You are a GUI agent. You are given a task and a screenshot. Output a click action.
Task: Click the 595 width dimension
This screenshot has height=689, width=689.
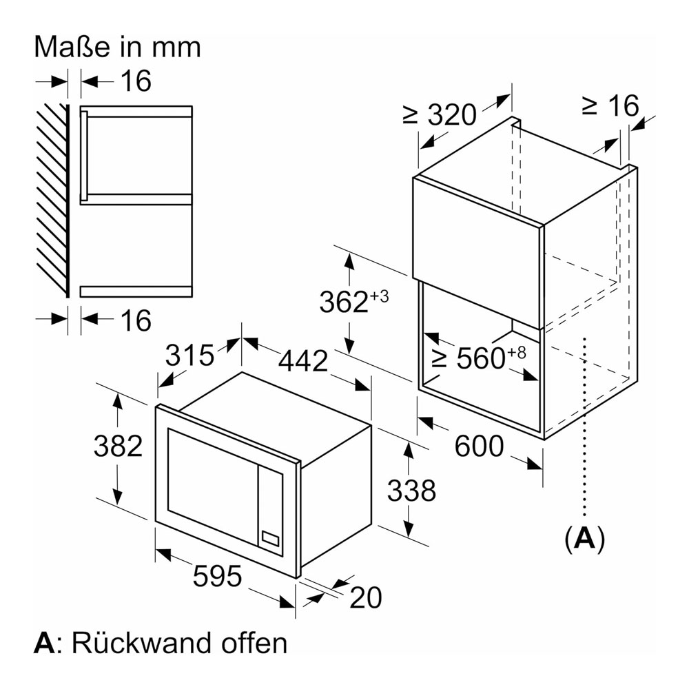pyautogui.click(x=217, y=575)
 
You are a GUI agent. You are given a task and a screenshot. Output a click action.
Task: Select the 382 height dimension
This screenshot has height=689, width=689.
pyautogui.click(x=119, y=446)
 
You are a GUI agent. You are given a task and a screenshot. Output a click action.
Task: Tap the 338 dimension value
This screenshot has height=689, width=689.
pyautogui.click(x=412, y=490)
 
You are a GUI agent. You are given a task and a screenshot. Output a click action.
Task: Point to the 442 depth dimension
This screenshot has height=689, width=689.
pyautogui.click(x=304, y=361)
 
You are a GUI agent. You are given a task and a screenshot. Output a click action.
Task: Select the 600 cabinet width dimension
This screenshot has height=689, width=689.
pyautogui.click(x=479, y=446)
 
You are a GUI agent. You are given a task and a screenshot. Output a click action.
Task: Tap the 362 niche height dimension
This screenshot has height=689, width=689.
pyautogui.click(x=353, y=301)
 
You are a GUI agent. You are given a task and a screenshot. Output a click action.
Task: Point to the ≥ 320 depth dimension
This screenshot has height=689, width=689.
pyautogui.click(x=440, y=114)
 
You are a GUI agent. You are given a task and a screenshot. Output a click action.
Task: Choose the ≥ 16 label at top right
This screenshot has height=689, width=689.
pyautogui.click(x=610, y=105)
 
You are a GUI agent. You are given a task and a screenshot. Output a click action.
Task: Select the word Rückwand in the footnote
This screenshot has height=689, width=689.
pyautogui.click(x=141, y=643)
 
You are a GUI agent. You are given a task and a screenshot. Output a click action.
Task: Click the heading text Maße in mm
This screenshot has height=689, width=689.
pyautogui.click(x=117, y=47)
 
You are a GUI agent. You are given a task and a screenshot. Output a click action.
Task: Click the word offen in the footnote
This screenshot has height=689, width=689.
pyautogui.click(x=254, y=643)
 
